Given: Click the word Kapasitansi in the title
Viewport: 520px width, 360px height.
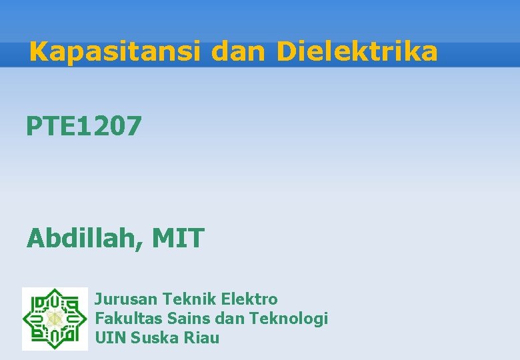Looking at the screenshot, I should pyautogui.click(x=114, y=52).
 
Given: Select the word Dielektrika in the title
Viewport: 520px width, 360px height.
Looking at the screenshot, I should pyautogui.click(x=357, y=52).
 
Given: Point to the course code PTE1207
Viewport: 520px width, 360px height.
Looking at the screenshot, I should pyautogui.click(x=84, y=125).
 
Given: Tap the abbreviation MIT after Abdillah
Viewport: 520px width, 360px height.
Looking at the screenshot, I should pyautogui.click(x=178, y=238).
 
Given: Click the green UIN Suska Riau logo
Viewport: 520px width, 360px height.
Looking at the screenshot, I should pyautogui.click(x=55, y=318).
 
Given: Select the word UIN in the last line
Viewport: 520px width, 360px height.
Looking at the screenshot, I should pyautogui.click(x=111, y=337).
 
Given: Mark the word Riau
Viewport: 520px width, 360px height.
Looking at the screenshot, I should pyautogui.click(x=201, y=337).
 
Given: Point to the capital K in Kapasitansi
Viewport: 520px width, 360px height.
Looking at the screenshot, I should pyautogui.click(x=40, y=52).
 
